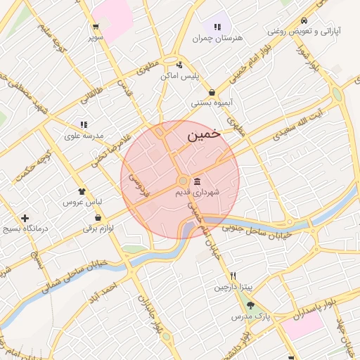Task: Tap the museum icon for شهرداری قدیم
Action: click(196, 181)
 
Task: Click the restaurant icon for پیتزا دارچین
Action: click(233, 276)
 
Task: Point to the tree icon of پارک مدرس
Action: click(250, 305)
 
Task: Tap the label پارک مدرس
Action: click(252, 316)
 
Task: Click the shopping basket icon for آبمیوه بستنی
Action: click(212, 92)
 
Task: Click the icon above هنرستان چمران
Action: click(217, 26)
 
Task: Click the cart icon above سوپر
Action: click(95, 26)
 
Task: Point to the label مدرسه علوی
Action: click(84, 135)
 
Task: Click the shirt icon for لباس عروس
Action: click(82, 191)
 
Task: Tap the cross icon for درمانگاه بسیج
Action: click(25, 219)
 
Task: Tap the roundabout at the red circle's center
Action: click(181, 181)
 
